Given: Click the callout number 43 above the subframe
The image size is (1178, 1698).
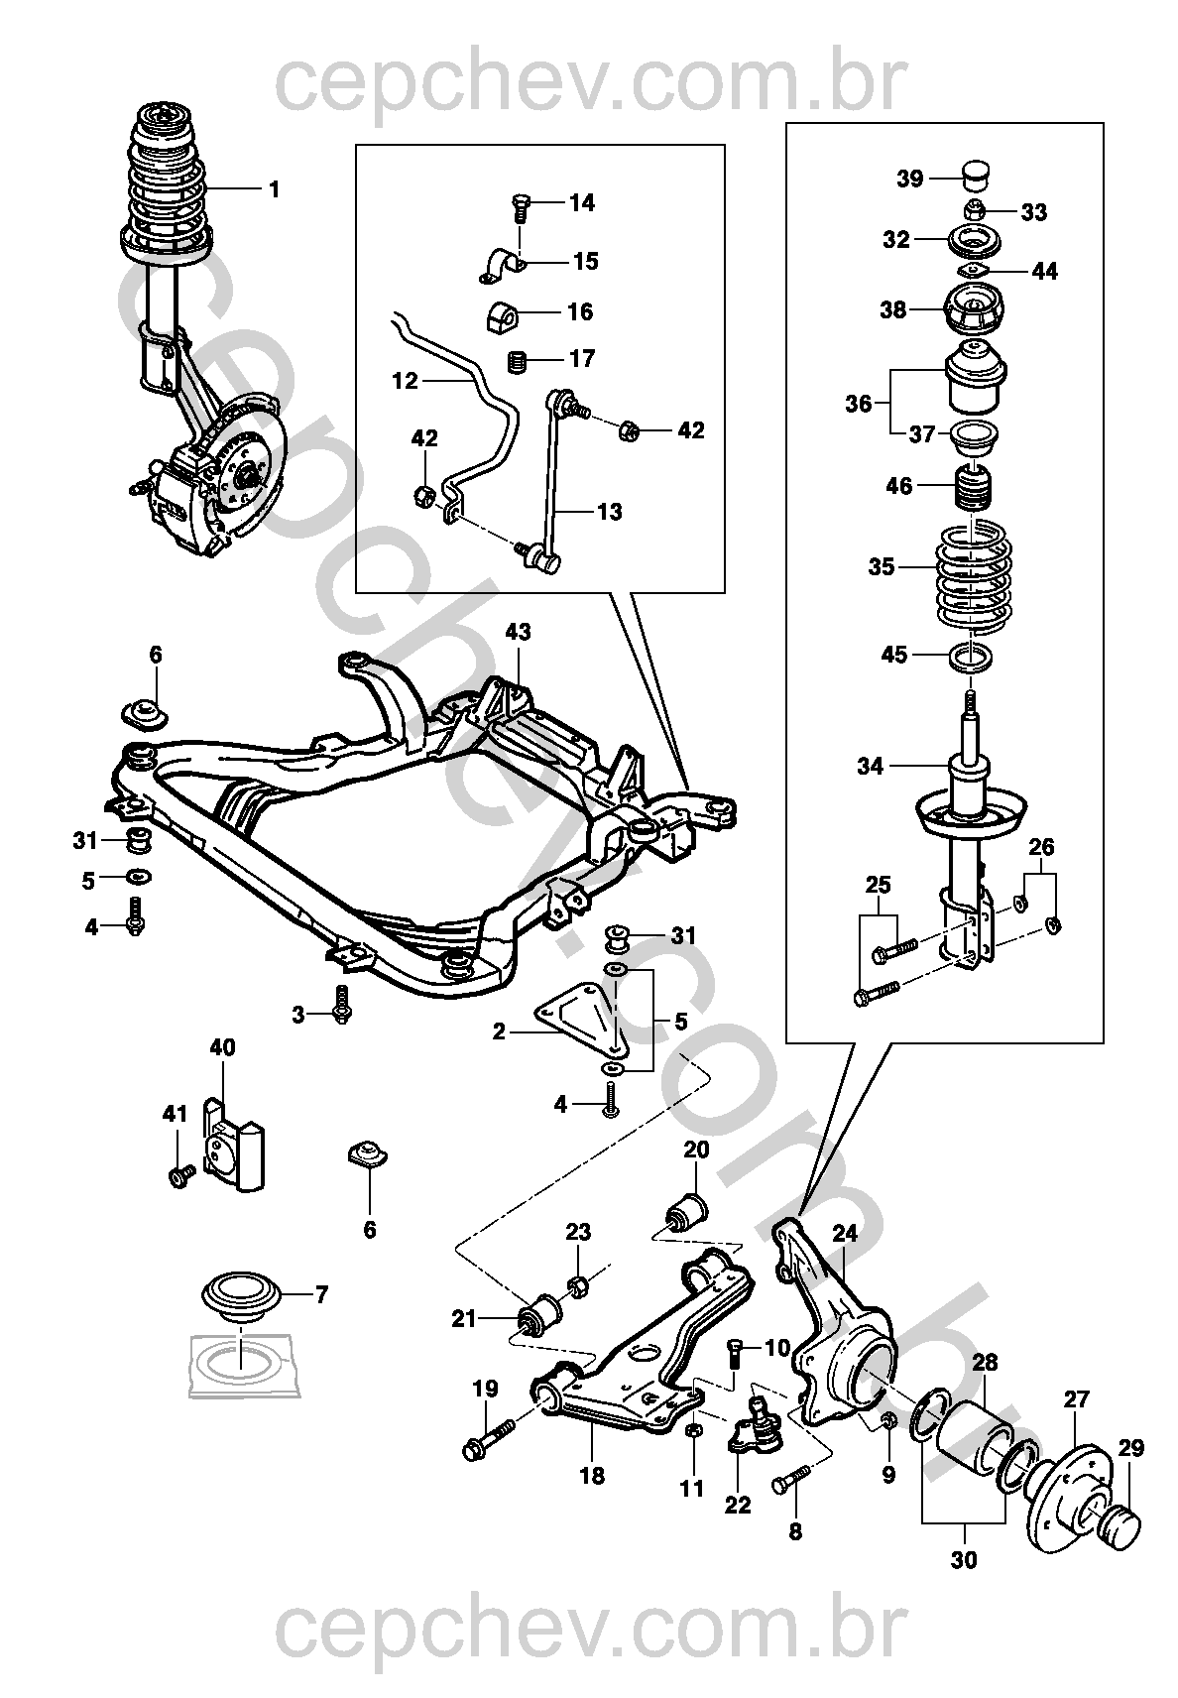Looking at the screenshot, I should [518, 632].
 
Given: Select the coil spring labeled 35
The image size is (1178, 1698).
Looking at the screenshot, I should [975, 572].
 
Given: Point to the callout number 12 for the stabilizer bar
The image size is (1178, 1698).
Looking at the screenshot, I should [406, 380].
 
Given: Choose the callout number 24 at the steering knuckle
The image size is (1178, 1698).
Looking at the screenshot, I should [844, 1233].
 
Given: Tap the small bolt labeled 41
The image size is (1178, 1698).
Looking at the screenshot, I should [179, 1175].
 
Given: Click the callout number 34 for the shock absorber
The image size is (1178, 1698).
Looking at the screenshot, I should [870, 766].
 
